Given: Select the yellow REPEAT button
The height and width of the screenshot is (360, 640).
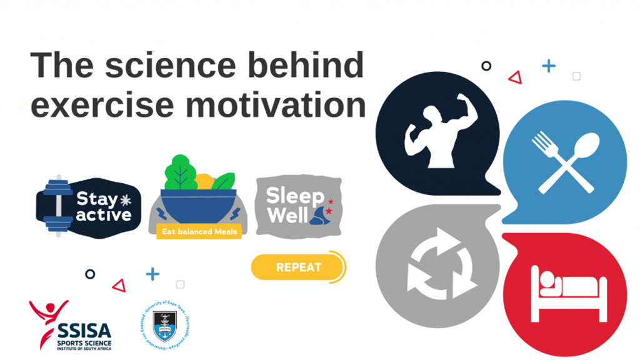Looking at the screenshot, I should tap(298, 267).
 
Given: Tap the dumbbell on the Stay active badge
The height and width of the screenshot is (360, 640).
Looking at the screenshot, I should tap(58, 206).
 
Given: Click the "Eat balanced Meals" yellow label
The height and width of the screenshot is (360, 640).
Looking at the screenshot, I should tap(198, 231).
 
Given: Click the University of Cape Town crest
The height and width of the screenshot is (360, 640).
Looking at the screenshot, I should tap(166, 326).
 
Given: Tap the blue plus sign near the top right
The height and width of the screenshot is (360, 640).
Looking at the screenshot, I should tap(549, 66).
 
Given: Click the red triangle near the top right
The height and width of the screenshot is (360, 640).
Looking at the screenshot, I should tap(515, 77).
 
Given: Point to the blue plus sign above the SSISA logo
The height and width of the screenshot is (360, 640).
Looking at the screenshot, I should tap(152, 274).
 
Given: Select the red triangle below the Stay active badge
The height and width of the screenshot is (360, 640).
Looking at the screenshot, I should tap(119, 286).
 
